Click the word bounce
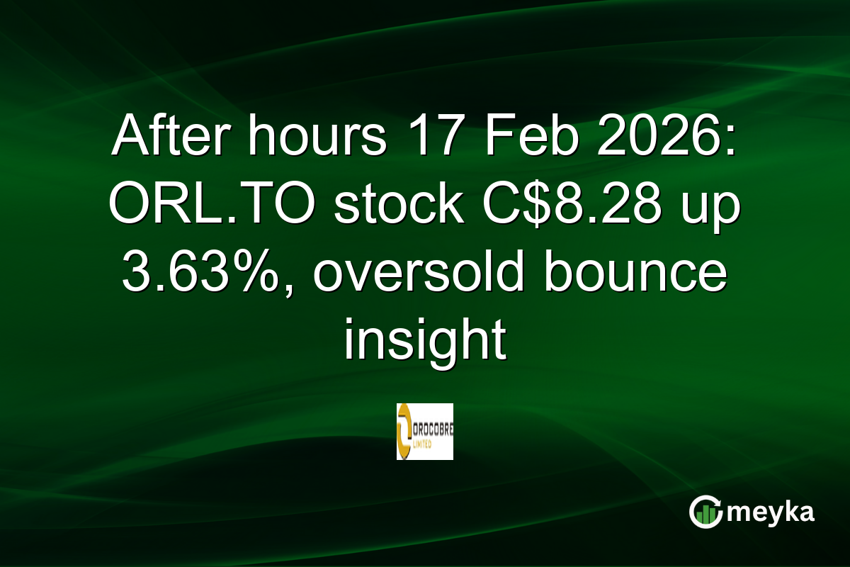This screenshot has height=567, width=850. coord(635,274)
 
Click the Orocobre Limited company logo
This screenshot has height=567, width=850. coord(425,432)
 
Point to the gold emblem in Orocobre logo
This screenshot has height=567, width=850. coord(404,432)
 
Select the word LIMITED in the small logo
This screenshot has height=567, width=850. coord(426,439)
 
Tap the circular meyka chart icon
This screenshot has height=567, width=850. coord(705,512)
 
